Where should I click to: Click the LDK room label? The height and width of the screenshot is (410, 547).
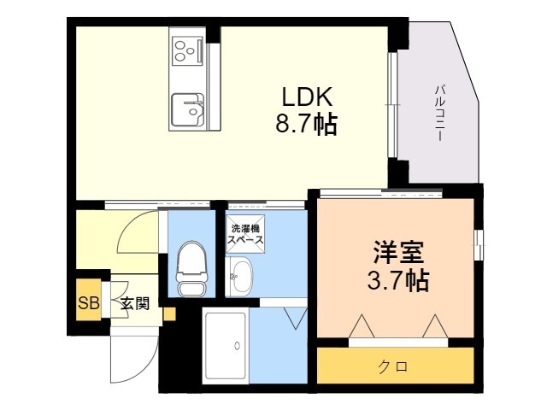point(307,97)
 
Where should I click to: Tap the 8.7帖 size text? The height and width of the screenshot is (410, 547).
point(307,124)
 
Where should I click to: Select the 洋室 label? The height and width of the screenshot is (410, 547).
point(398,252)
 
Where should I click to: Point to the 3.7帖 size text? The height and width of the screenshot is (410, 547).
point(398,279)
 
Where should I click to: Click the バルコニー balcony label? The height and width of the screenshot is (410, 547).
point(441,113)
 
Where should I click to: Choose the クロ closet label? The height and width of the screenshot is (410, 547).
point(393,366)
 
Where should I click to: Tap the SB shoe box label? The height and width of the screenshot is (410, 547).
point(89,302)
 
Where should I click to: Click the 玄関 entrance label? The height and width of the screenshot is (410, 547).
point(135,303)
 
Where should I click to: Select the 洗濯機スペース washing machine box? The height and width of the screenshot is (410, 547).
point(245,233)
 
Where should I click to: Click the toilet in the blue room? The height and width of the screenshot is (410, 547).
point(191,268)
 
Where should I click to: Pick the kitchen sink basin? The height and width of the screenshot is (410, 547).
point(188,110)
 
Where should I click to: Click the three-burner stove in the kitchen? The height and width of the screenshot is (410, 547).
point(187,51)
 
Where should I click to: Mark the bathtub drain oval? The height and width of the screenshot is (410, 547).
point(238,345)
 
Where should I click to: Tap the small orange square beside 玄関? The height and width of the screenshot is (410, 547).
point(169,314)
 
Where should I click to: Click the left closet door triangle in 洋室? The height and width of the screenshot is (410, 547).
point(362,326)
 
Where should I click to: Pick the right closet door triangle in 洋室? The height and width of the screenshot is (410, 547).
point(435,326)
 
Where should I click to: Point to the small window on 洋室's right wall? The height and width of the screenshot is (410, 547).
point(479,245)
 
